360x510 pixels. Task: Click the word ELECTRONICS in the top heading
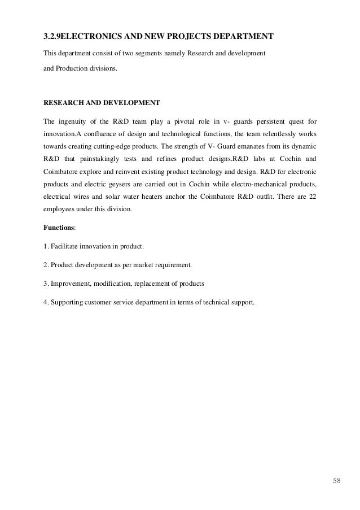(x=89, y=37)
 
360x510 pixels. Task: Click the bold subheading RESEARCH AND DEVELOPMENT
(x=102, y=103)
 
